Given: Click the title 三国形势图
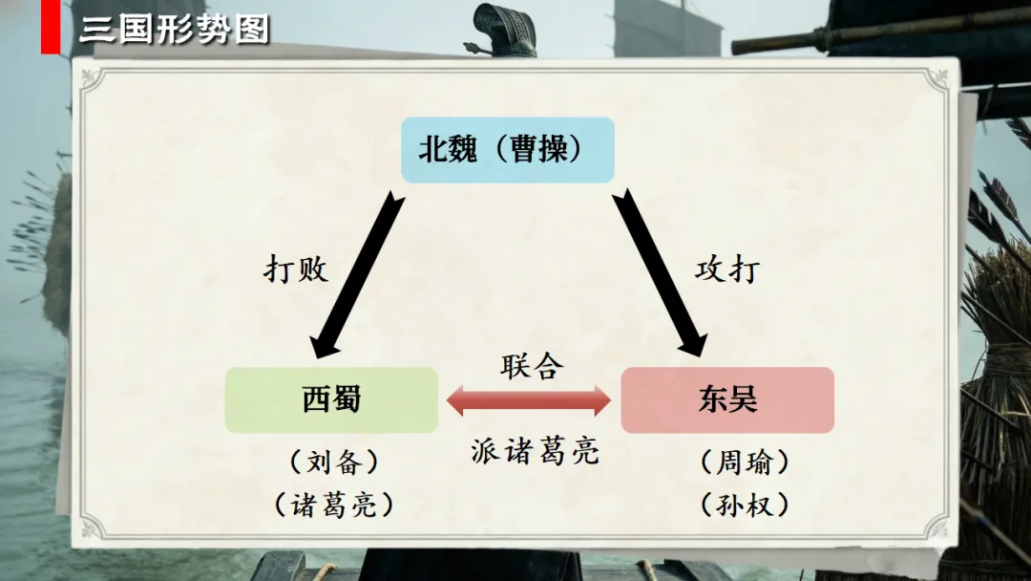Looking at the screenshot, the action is (x=174, y=30).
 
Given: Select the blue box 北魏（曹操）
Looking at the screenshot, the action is (x=506, y=150).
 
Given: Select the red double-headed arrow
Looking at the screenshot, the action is (x=529, y=400).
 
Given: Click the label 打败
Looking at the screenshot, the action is (x=296, y=269).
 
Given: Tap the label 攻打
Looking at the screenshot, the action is (x=727, y=269).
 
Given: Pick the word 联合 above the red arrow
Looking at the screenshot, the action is (x=532, y=366).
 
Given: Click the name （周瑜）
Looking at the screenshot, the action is (x=745, y=463).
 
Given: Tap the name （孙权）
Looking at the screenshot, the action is (x=745, y=505).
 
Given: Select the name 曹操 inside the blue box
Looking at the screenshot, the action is (x=539, y=150).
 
